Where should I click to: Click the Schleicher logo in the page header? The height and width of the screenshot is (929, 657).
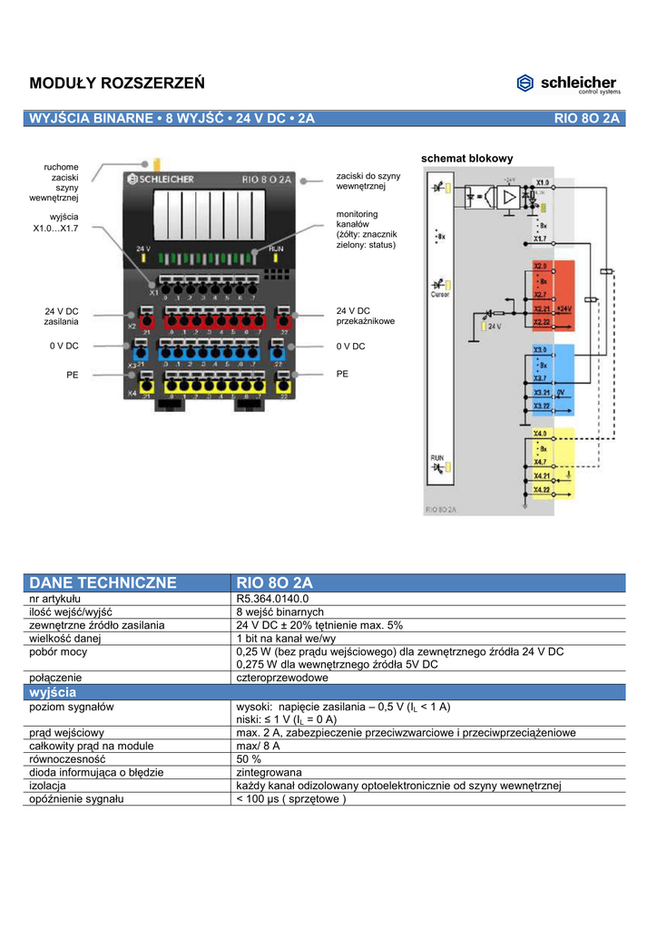[568, 83]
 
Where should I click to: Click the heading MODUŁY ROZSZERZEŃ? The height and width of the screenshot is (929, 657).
[117, 83]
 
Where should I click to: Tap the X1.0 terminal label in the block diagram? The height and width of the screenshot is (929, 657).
[542, 183]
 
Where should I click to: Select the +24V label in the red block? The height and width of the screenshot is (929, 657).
[564, 308]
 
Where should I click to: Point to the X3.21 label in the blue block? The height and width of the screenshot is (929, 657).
[542, 392]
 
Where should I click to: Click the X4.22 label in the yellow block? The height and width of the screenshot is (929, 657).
[542, 489]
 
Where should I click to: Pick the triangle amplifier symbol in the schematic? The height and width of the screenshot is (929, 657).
[511, 196]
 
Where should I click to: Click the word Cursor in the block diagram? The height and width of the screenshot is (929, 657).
[439, 294]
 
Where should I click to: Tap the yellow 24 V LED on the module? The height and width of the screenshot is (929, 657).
[144, 258]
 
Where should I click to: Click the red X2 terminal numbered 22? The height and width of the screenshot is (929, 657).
[283, 319]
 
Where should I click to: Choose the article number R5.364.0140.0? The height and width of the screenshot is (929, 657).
[273, 600]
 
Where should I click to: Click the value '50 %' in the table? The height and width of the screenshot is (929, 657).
[250, 758]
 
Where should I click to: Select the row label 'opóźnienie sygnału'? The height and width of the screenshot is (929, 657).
[77, 798]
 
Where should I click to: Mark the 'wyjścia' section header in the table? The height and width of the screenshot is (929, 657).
[54, 692]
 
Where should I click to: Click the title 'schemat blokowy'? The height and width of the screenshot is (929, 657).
[467, 159]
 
